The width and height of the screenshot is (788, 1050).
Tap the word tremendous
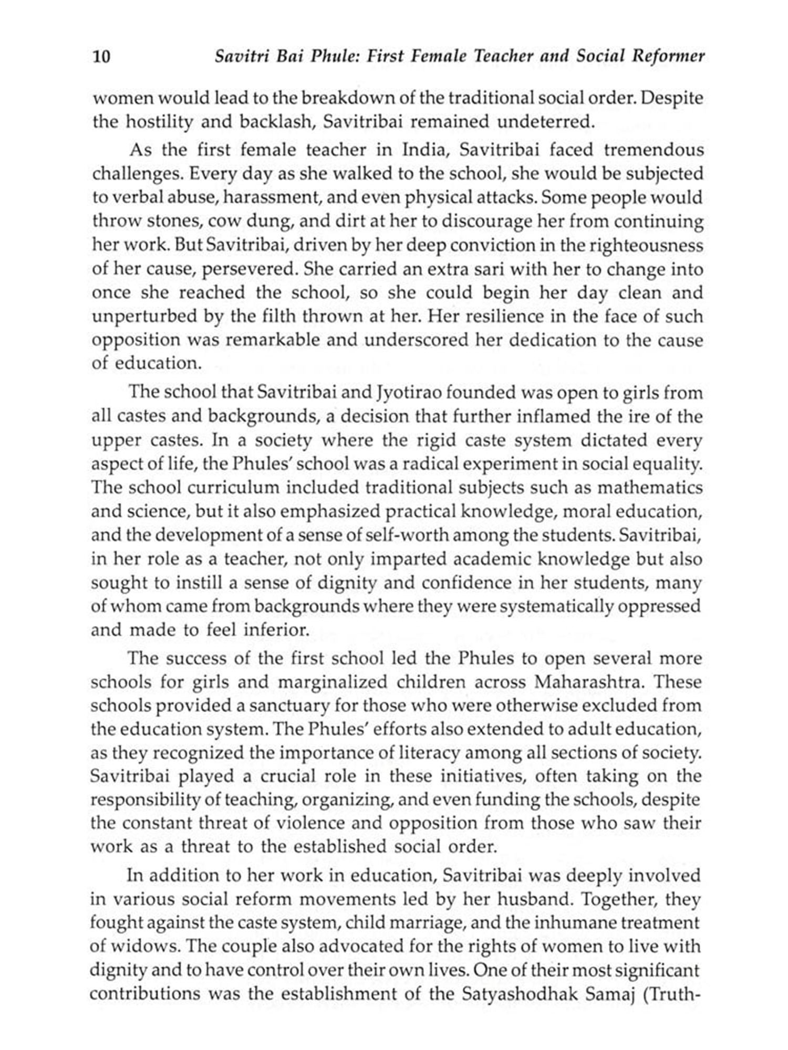point(654,150)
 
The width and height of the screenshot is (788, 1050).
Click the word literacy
point(426,753)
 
